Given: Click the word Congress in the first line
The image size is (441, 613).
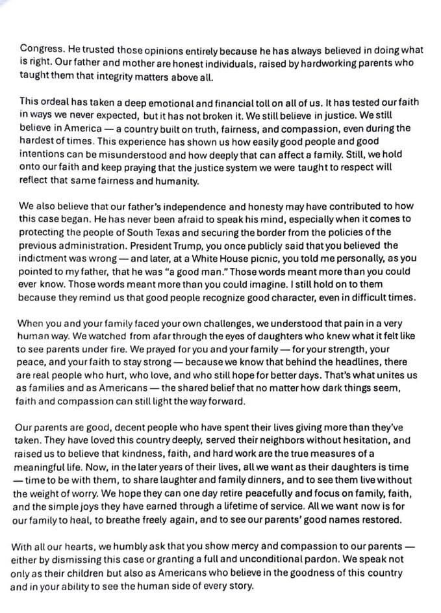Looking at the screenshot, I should [x=40, y=49].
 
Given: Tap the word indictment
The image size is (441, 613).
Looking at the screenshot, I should [x=44, y=258].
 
